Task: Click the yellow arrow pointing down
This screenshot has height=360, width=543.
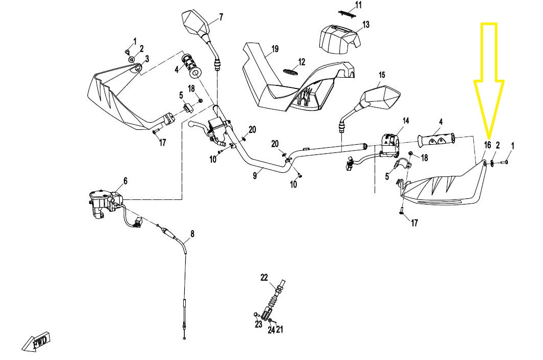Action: click(x=489, y=80)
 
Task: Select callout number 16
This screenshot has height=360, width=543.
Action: click(x=487, y=145)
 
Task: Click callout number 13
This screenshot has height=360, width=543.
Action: click(x=366, y=25)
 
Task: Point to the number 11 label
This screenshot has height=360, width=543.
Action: click(x=358, y=5)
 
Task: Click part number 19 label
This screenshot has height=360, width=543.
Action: click(x=275, y=49)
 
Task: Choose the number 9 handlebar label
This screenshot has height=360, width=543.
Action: click(x=255, y=175)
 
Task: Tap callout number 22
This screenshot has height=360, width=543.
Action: click(x=264, y=277)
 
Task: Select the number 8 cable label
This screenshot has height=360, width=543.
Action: click(x=192, y=234)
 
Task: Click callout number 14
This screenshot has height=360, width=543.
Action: click(x=405, y=121)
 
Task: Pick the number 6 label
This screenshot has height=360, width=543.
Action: click(x=125, y=181)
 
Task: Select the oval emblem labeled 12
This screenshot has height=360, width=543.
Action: click(x=291, y=71)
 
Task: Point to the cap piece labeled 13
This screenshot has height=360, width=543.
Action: click(x=339, y=39)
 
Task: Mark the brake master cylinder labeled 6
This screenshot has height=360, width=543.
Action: click(x=105, y=204)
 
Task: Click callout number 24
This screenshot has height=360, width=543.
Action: click(x=271, y=330)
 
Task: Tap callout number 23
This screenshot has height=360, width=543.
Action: click(x=258, y=324)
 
